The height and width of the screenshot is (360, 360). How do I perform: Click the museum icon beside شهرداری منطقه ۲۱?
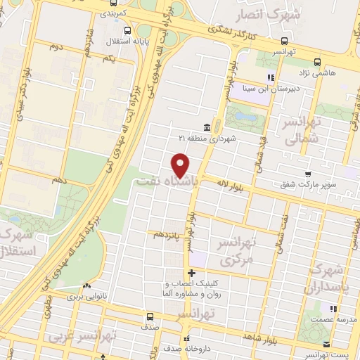(x=207, y=127)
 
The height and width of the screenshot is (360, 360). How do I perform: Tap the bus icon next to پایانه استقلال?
(x=127, y=30)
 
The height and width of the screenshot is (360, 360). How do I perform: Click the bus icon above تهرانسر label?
(x=283, y=40)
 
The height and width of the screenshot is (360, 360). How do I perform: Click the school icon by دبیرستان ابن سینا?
(x=270, y=77)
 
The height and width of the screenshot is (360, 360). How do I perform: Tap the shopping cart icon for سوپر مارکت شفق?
(x=307, y=174)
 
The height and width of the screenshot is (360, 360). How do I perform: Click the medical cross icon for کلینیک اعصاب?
(x=191, y=272)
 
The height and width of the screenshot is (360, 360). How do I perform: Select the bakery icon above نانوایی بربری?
(x=86, y=286)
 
